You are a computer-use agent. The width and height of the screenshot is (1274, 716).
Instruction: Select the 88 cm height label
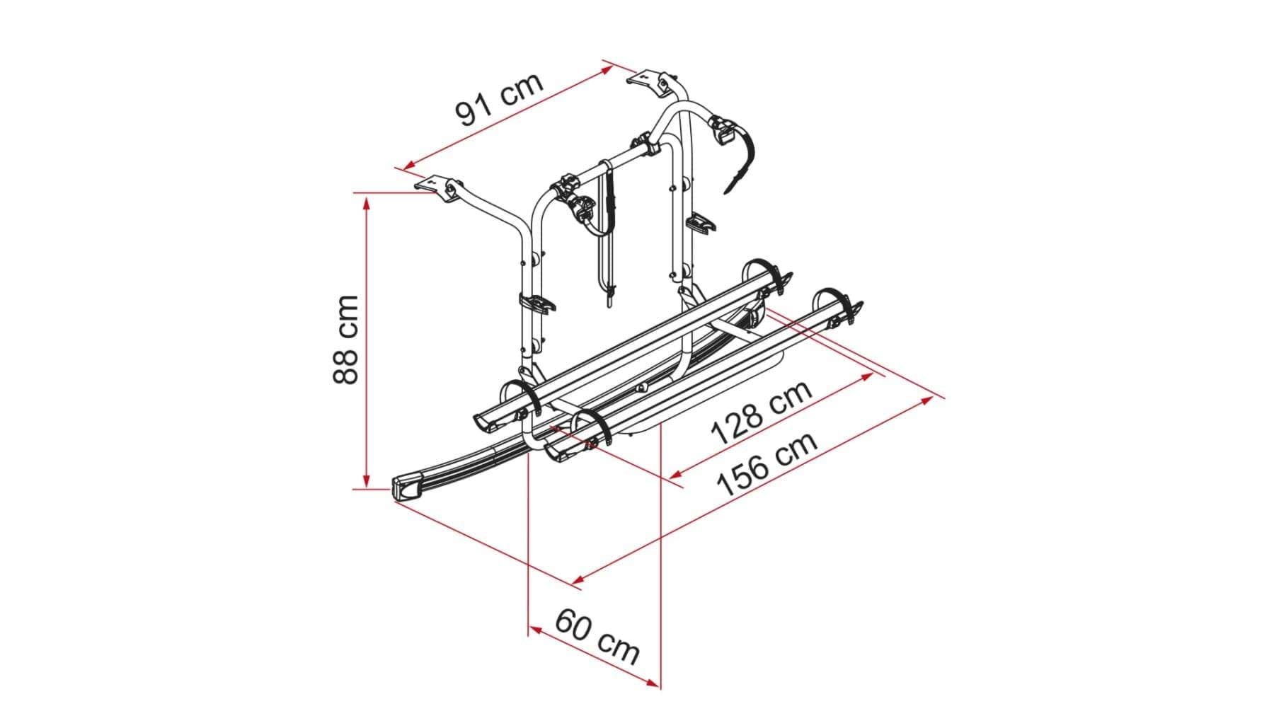point(346,340)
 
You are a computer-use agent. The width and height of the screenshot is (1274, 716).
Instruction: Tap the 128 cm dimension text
point(761,412)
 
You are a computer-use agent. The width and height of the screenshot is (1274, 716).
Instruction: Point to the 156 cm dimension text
point(768,463)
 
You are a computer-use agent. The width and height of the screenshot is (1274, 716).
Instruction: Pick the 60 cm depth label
point(597,636)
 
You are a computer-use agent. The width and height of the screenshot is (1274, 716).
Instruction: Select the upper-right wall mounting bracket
point(652,79)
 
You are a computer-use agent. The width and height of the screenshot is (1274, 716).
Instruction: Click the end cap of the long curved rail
point(407,488)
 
